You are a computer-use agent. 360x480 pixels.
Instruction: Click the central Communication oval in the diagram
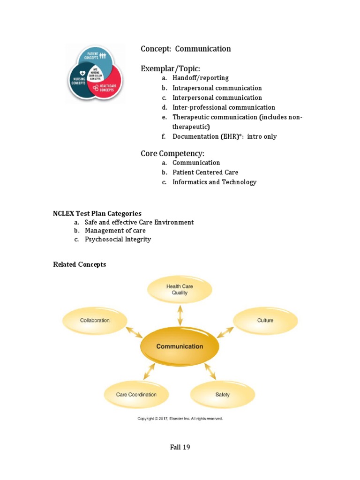click(180, 346)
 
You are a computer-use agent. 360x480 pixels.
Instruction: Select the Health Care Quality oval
click(180, 290)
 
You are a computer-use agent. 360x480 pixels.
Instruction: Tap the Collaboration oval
click(95, 321)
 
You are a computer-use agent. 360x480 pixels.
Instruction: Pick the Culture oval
click(265, 321)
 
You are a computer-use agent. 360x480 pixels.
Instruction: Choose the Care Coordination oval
click(136, 395)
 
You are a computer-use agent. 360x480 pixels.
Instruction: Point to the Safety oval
click(223, 395)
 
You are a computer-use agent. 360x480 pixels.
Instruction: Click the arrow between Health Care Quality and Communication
click(180, 315)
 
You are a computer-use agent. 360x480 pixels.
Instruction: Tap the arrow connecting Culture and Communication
click(225, 332)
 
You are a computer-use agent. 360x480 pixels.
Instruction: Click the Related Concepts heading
click(80, 264)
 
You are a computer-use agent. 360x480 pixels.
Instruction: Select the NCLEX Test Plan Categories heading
click(97, 213)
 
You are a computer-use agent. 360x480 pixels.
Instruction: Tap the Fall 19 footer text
click(180, 447)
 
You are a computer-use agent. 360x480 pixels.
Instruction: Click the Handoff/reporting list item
click(201, 78)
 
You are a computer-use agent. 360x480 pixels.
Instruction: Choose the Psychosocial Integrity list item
click(118, 239)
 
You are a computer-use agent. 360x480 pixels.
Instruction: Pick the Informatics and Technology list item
click(214, 182)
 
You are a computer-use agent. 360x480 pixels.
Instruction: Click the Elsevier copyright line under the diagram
click(180, 419)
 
